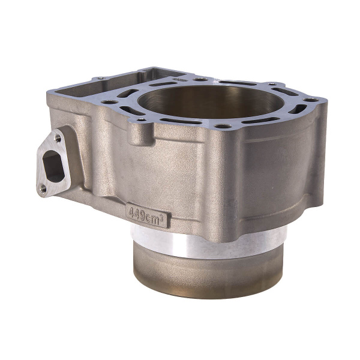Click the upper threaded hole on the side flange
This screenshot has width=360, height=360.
pos(58,139)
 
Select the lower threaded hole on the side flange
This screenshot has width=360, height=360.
pos(43,189)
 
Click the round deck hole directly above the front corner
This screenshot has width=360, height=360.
pos(223,126)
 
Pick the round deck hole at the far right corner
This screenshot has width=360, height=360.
pos(311,100)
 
